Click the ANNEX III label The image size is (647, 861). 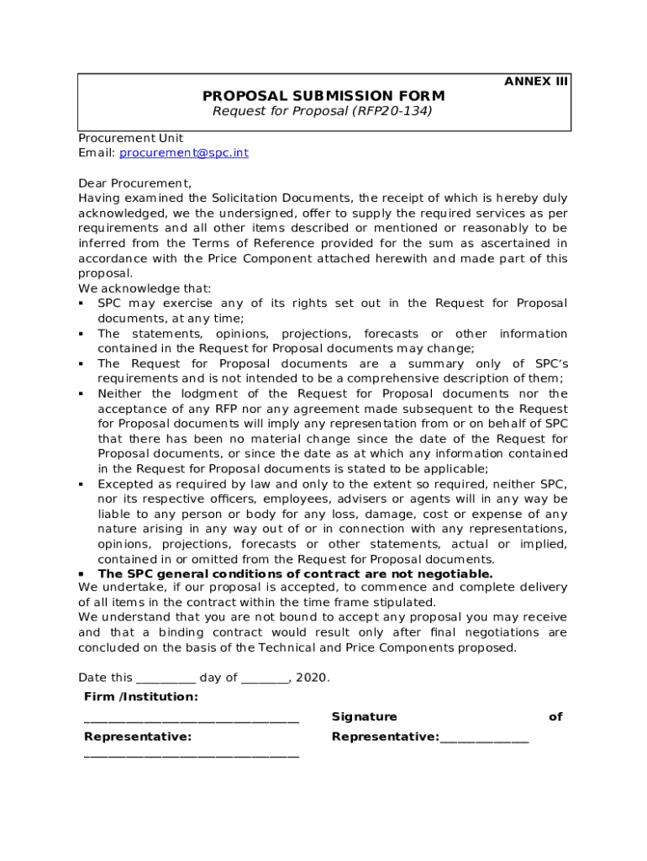click(536, 82)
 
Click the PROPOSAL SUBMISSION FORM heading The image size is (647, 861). click(323, 96)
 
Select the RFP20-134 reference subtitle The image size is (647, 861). click(323, 111)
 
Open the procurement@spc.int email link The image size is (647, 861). click(184, 153)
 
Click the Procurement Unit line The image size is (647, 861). click(130, 138)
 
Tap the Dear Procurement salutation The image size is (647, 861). click(134, 183)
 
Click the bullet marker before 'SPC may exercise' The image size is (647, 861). click(82, 304)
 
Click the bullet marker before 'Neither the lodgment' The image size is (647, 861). click(82, 394)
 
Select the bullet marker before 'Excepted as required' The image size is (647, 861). click(82, 485)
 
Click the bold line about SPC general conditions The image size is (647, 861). click(295, 574)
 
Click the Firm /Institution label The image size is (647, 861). click(141, 697)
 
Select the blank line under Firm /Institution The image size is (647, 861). click(192, 719)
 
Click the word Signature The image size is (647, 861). click(364, 717)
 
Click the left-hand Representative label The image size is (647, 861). click(138, 737)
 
